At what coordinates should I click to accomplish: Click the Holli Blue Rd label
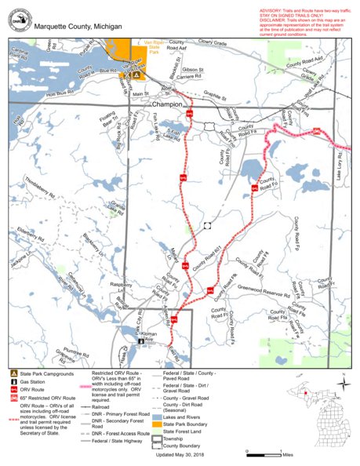60,93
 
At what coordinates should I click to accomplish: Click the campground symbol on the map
136,76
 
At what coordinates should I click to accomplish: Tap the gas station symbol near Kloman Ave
140,342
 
